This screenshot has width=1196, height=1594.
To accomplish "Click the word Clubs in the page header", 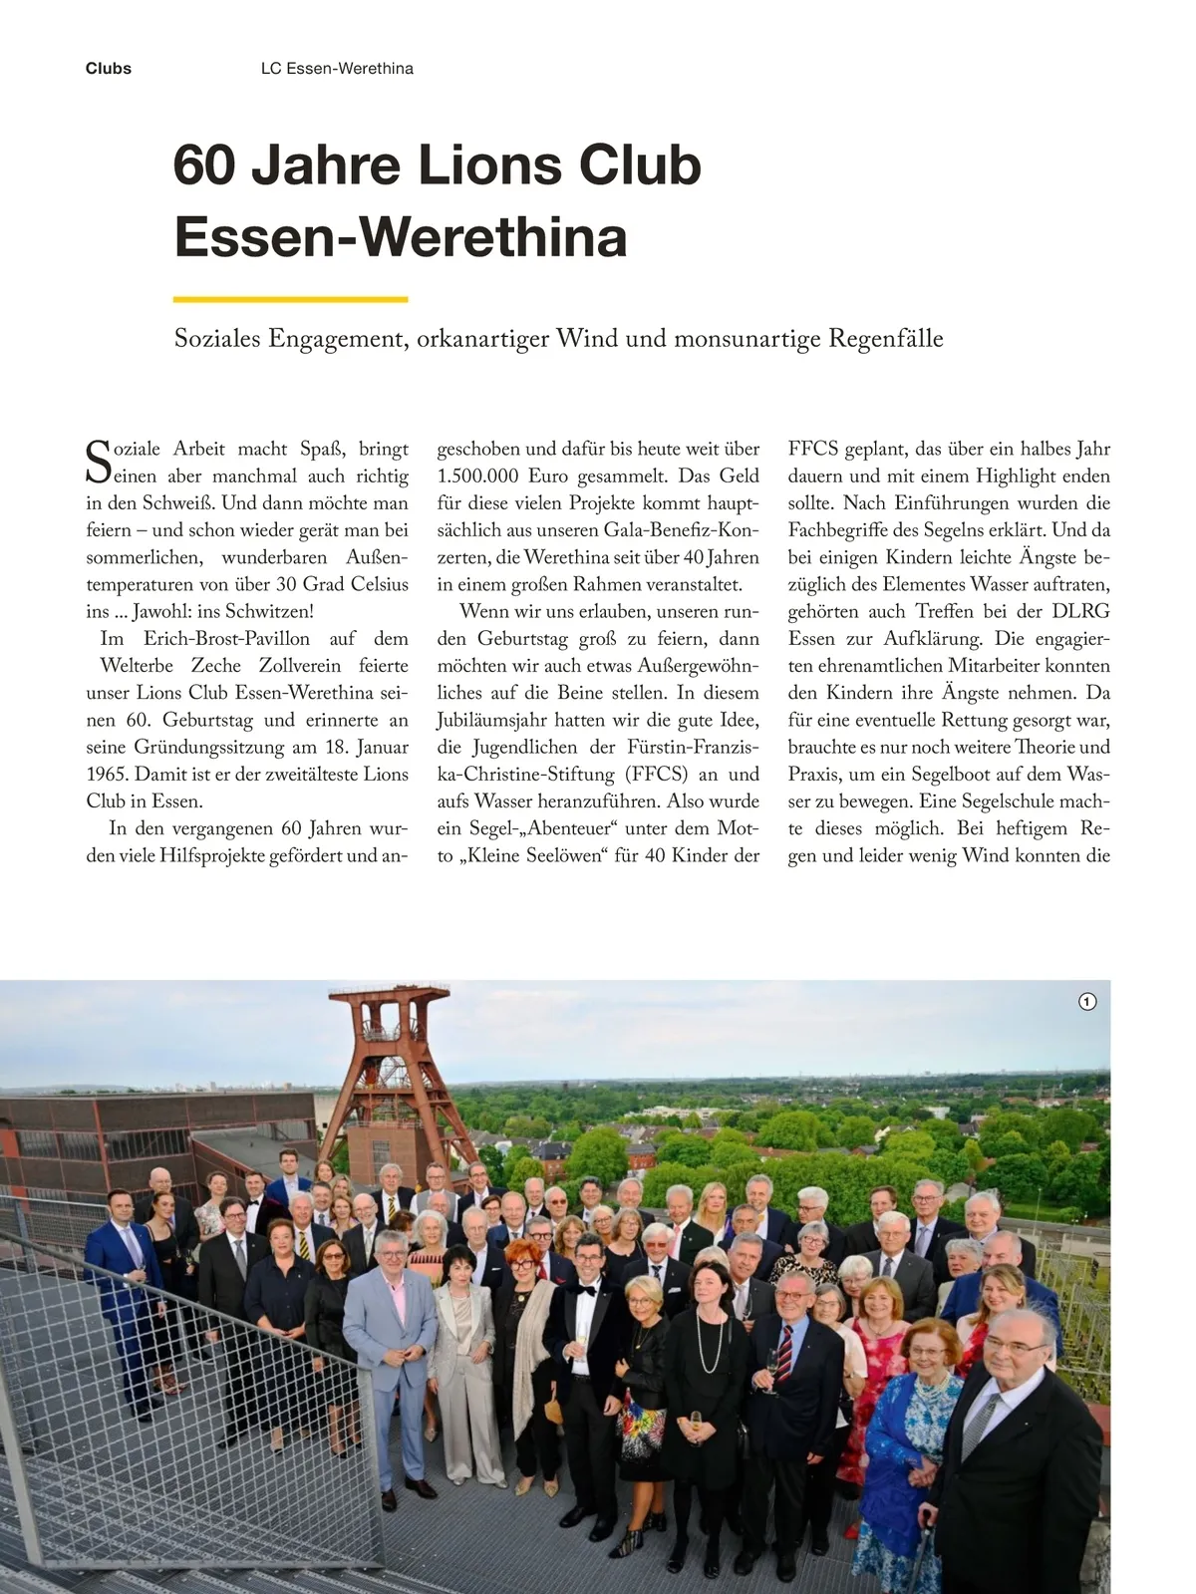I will coord(109,69).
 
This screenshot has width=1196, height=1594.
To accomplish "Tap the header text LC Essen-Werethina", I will coord(337,69).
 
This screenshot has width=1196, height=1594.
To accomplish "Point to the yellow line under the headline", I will coord(290,298).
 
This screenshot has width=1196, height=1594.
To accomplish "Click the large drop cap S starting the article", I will coord(98,463).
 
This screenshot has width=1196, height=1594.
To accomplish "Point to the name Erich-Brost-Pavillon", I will coord(226,639).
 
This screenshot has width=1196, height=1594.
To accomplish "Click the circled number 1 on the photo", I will coord(1087,1002).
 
